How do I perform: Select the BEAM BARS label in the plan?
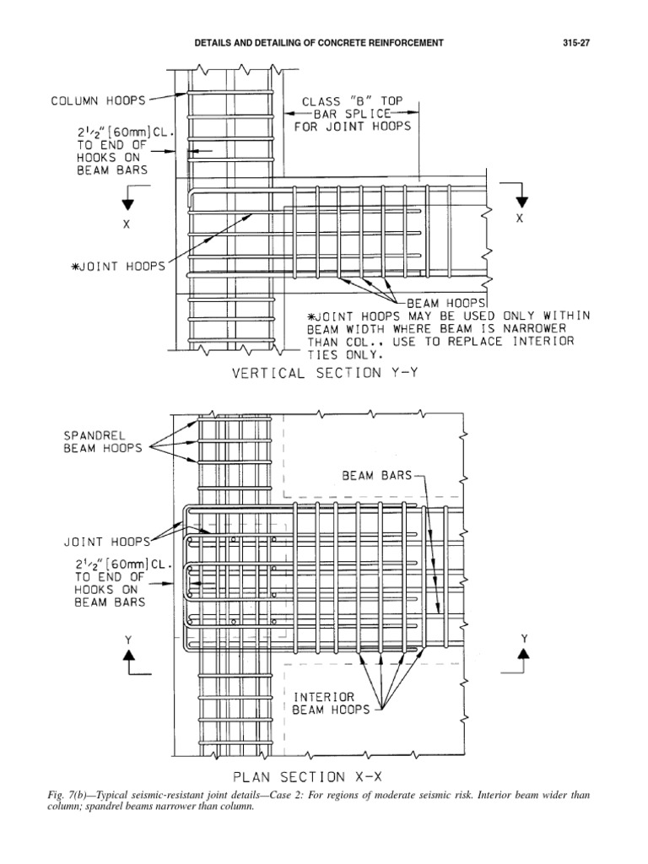click(x=376, y=475)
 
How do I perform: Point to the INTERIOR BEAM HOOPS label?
click(x=331, y=704)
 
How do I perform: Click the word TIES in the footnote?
click(x=318, y=354)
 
